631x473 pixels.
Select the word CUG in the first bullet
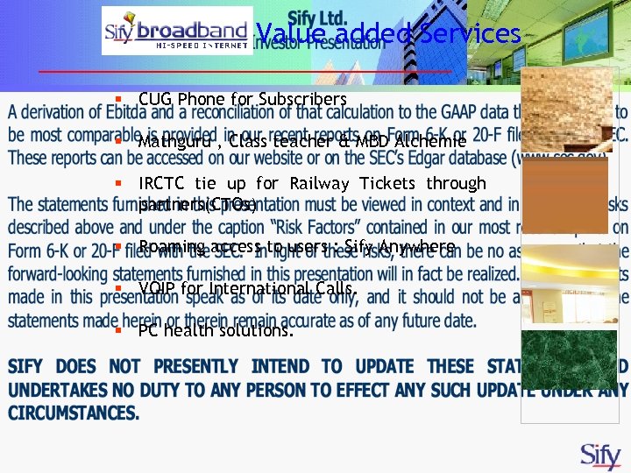[155, 99]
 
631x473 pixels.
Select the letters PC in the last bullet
[147, 331]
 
